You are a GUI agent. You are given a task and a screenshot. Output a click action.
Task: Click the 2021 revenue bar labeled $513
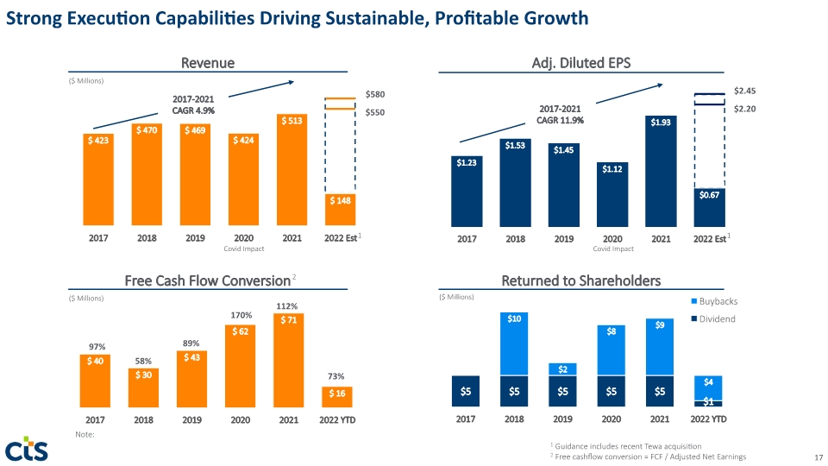click(292, 170)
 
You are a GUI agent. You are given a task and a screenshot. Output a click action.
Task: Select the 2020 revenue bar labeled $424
click(243, 179)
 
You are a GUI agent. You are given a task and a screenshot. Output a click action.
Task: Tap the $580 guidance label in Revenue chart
click(375, 94)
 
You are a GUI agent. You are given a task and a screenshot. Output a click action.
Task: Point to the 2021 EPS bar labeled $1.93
click(661, 171)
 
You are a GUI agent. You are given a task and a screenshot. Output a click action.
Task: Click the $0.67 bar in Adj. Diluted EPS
click(709, 208)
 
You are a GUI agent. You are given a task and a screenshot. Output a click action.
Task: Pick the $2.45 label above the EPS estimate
click(744, 91)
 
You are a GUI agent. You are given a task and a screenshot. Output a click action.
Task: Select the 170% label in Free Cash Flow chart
click(241, 316)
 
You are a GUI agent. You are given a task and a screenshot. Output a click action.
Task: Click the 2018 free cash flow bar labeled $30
click(144, 387)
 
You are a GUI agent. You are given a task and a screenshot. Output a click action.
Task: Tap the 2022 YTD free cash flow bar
click(337, 397)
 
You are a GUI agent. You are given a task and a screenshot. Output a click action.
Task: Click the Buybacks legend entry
click(714, 301)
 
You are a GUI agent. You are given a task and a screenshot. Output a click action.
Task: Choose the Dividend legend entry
click(713, 318)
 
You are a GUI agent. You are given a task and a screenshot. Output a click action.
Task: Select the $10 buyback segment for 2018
click(514, 344)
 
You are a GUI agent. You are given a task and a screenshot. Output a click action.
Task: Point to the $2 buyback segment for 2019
click(562, 369)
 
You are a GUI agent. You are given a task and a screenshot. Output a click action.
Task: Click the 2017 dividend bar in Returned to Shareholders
click(466, 391)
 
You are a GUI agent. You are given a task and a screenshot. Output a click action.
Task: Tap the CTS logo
click(27, 450)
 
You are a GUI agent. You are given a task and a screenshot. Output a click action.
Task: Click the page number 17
click(819, 457)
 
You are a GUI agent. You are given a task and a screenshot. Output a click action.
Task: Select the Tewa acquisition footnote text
click(626, 446)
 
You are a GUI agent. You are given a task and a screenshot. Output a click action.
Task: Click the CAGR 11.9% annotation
click(560, 121)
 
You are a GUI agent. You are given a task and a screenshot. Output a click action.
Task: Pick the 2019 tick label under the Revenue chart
click(195, 238)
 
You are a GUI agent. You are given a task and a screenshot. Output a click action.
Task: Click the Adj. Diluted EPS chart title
click(580, 63)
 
